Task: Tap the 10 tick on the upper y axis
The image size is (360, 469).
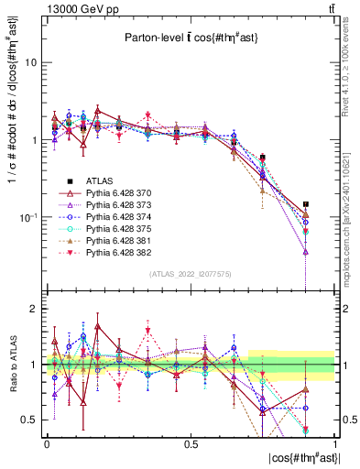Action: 32,63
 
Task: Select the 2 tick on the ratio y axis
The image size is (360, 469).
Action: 35,310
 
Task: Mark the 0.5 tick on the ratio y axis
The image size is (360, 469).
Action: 31,420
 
